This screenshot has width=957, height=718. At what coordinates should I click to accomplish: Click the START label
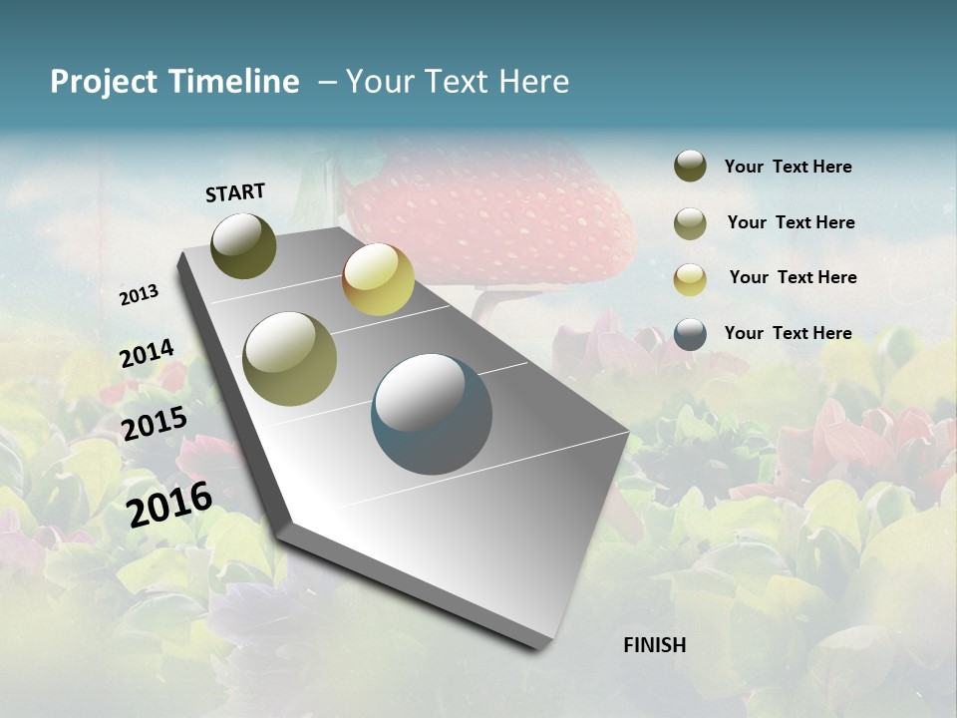tap(235, 192)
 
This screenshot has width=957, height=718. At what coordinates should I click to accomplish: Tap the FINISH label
tap(654, 645)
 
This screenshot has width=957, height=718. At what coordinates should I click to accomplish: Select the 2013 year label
tap(139, 295)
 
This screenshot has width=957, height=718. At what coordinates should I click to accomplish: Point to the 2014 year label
tap(147, 354)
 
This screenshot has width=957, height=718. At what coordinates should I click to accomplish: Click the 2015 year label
tap(154, 423)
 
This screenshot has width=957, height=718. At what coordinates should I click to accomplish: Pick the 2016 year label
tap(169, 504)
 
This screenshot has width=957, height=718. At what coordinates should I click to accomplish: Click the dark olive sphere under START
tap(243, 245)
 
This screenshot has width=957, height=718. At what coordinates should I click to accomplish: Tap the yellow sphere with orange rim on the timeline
tap(378, 279)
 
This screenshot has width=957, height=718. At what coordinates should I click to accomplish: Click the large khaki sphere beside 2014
tap(289, 359)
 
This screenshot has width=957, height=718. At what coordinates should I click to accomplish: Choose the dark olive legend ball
tap(690, 167)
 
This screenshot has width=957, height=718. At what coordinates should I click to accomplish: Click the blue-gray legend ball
tap(690, 334)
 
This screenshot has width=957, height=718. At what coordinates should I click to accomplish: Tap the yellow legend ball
tap(690, 279)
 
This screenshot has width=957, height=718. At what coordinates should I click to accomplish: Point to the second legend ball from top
tap(690, 223)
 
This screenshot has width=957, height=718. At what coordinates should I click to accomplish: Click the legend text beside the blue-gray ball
tap(788, 333)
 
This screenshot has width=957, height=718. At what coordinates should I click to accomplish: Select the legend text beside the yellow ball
tap(793, 277)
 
